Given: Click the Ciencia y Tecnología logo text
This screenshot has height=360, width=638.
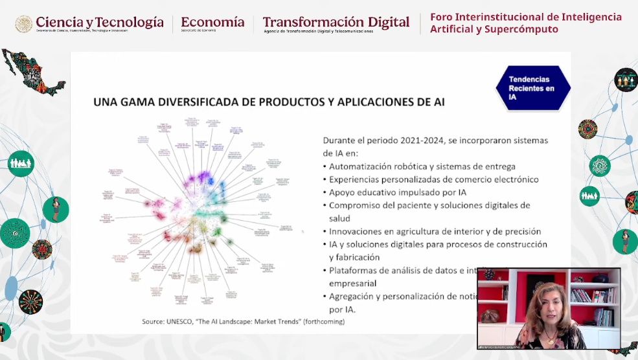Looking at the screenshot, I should coord(99,23).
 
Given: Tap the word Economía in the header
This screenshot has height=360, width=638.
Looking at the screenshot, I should coord(212,22).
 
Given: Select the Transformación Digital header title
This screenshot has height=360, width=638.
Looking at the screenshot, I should coord(336,22).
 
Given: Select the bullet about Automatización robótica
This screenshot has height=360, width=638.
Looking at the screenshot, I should coord(422,166).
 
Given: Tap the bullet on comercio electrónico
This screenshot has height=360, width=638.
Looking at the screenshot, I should coord(433,179).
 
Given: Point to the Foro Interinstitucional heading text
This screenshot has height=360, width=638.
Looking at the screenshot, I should coord(525,17).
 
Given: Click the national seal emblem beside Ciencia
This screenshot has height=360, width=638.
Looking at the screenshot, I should coord(23,24).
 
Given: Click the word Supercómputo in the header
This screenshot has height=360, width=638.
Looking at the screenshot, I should coord(526,29).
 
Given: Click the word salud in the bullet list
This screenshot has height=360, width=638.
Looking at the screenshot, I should coord(341,218).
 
